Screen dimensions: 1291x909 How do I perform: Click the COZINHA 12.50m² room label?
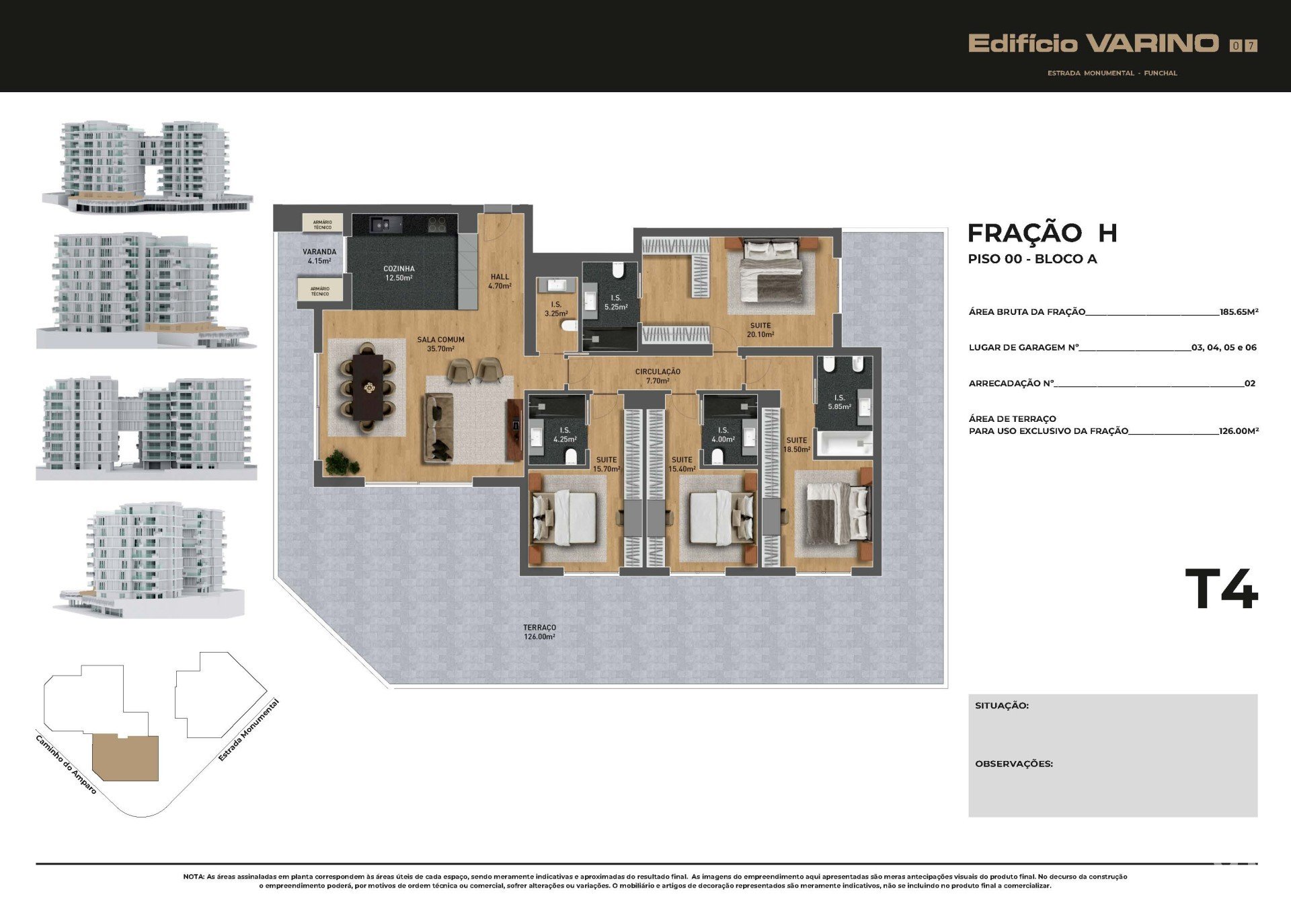coord(399,273)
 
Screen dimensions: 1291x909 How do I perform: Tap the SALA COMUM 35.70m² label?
coord(440,344)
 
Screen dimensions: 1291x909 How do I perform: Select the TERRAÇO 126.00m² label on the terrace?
coord(539,632)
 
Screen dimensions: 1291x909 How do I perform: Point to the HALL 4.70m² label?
coord(500,281)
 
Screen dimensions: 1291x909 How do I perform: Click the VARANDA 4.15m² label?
coord(319,256)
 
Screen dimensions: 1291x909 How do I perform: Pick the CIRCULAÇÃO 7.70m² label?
coord(658,376)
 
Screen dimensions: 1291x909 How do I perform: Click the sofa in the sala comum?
coord(438,428)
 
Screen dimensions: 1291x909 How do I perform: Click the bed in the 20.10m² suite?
coord(771,270)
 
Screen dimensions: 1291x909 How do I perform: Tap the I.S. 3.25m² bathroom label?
coord(556,309)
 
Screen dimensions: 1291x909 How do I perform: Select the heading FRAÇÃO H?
coord(1042,233)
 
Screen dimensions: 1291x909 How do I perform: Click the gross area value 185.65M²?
coord(1239,312)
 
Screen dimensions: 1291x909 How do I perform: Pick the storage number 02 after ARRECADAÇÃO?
coord(1250,384)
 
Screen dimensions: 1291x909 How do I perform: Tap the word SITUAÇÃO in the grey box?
coord(1002,705)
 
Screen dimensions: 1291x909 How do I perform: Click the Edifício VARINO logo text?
coord(1093,44)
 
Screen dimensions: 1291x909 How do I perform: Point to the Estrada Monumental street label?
coord(248,731)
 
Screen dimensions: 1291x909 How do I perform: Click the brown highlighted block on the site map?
coord(126,758)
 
